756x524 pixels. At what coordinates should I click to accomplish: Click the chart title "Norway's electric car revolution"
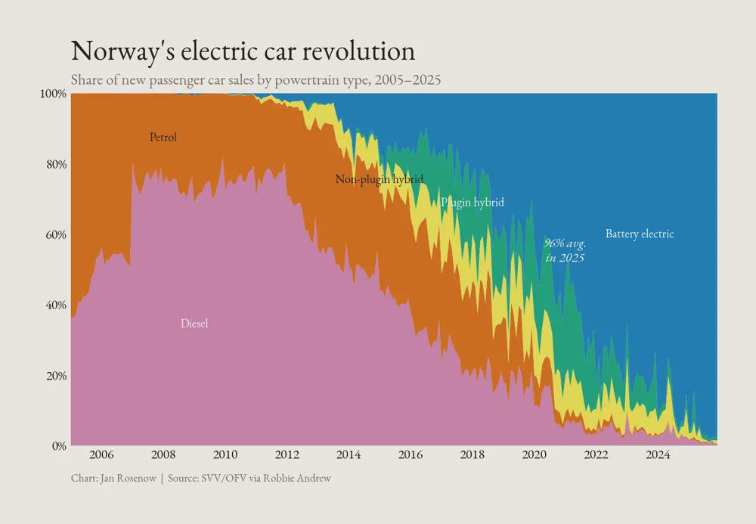point(243,51)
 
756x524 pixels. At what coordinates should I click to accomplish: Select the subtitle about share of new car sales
point(256,79)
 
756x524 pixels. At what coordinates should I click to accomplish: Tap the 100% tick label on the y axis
point(53,94)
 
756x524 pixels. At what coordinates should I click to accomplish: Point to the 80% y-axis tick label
point(55,164)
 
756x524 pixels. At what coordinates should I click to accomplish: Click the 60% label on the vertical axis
point(55,234)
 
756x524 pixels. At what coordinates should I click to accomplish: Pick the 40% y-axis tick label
point(55,305)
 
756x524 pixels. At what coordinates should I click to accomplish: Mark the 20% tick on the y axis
point(55,376)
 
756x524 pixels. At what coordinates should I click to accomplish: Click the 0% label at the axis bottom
point(58,446)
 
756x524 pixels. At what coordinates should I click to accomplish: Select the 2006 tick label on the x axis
point(101,455)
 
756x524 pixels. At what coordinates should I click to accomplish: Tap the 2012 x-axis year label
point(287,455)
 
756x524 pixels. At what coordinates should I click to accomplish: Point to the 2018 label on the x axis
point(472,455)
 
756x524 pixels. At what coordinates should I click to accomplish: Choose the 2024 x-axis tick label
point(658,455)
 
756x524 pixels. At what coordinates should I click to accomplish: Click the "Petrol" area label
point(163,138)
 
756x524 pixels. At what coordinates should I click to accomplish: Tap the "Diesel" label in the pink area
point(194,324)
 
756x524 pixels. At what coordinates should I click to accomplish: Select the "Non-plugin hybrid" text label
point(379,179)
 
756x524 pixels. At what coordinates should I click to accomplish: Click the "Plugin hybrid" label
point(472,203)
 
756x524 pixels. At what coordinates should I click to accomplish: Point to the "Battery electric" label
point(640,234)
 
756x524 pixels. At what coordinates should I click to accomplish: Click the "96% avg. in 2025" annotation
point(565,250)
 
